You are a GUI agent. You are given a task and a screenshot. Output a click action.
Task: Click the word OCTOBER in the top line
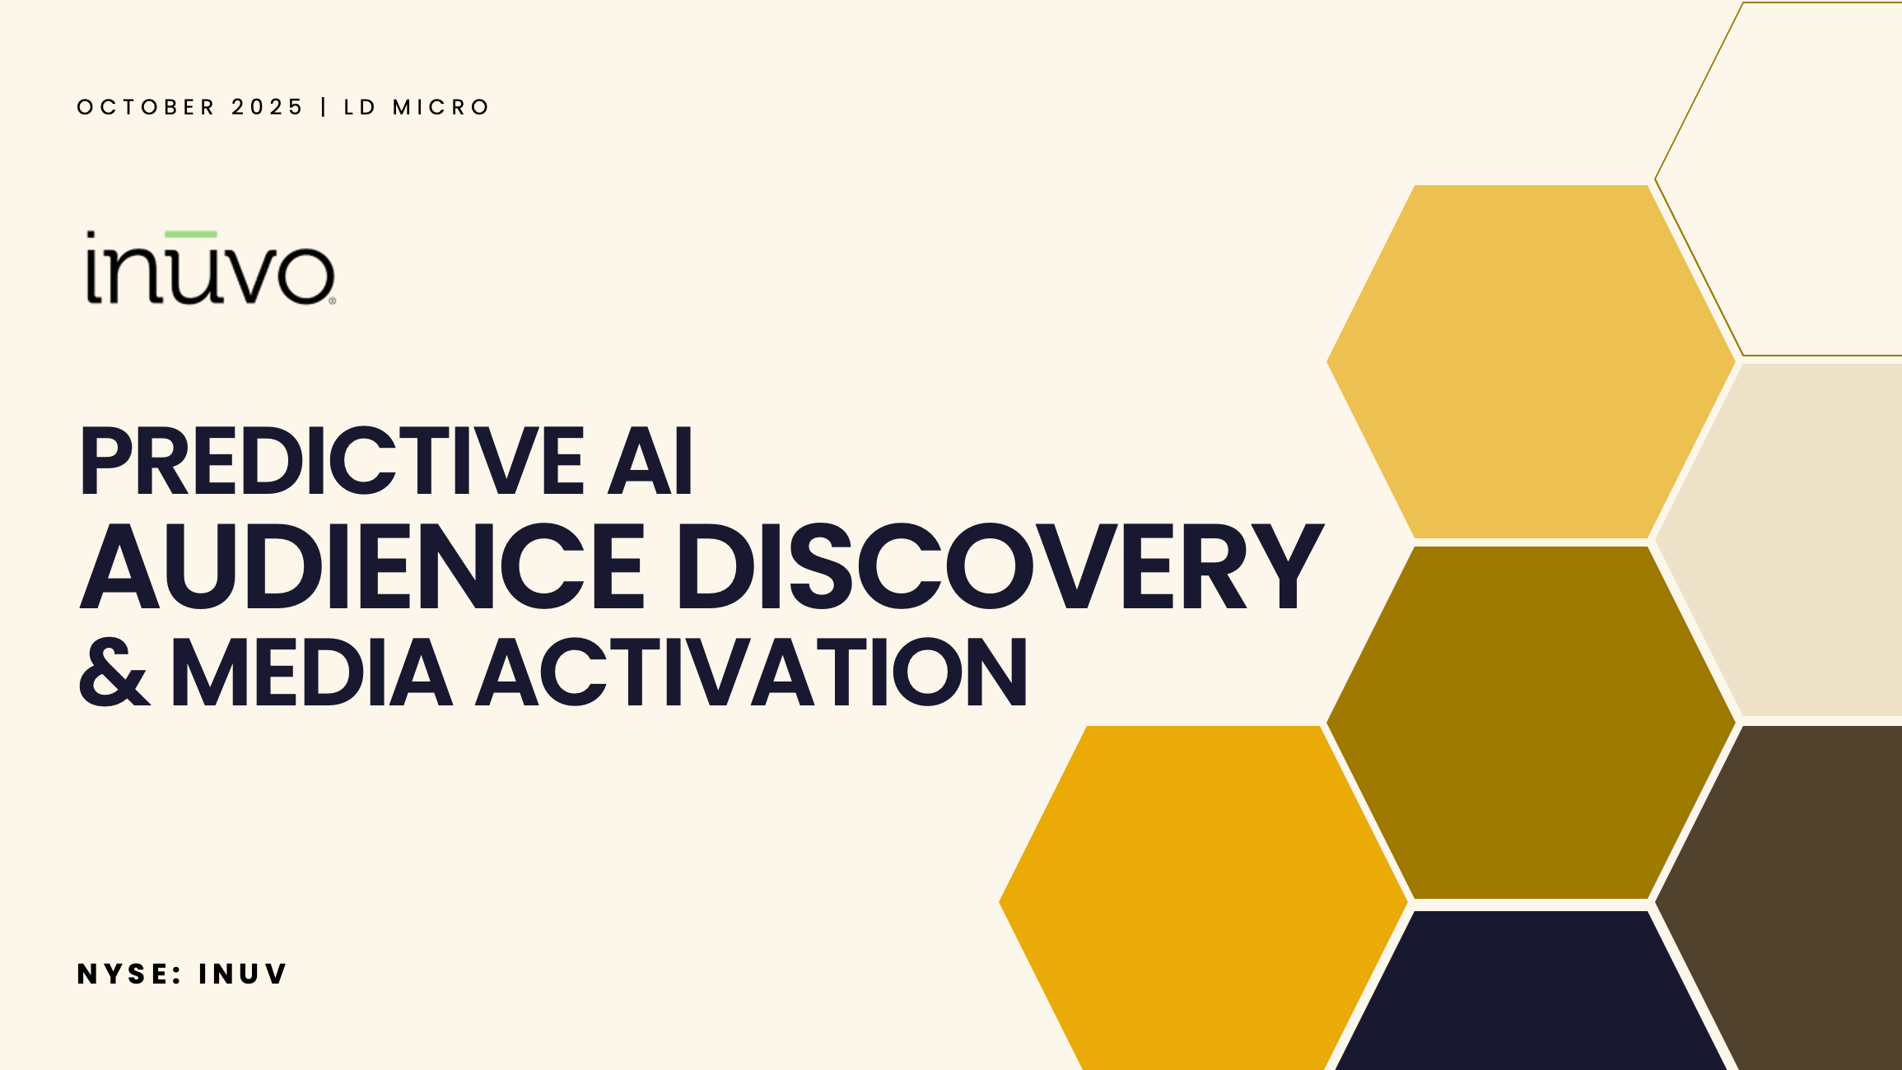pos(146,107)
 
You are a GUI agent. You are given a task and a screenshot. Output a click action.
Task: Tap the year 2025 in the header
pos(268,107)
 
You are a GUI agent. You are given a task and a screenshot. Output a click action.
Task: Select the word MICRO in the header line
pos(441,107)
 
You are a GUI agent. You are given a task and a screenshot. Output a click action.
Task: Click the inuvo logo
pos(211,267)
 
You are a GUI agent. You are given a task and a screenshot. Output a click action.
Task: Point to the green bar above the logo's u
pos(197,235)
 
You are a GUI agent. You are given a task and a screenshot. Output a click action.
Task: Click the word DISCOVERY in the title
pos(1000,566)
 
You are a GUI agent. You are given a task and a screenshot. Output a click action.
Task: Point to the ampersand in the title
pos(114,672)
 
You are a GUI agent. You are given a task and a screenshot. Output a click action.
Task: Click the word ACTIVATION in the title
pos(752,672)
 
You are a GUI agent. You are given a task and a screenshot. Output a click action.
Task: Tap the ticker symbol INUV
pos(242,974)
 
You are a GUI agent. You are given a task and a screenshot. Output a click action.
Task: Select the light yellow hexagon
pos(1531,361)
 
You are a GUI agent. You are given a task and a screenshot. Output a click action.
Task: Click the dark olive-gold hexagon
pos(1531,723)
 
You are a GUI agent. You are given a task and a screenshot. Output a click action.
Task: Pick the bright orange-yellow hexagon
pos(1203,898)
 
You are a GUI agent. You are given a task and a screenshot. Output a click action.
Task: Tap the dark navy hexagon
pos(1531,991)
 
